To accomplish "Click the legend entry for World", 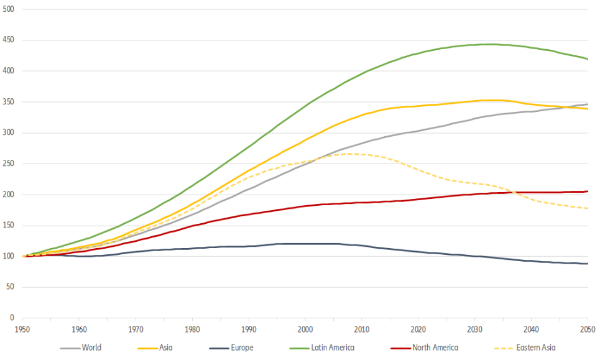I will click(x=91, y=348).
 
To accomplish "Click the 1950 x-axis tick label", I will click(x=22, y=329).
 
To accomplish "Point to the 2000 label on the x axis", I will click(x=305, y=329).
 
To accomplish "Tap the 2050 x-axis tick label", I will click(x=588, y=329).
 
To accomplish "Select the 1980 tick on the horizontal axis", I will click(x=192, y=329).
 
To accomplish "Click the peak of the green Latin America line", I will click(x=491, y=44).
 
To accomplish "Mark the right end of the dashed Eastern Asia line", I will click(x=588, y=208).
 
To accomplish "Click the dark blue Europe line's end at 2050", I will click(x=588, y=264).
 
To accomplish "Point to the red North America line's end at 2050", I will click(x=588, y=192).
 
